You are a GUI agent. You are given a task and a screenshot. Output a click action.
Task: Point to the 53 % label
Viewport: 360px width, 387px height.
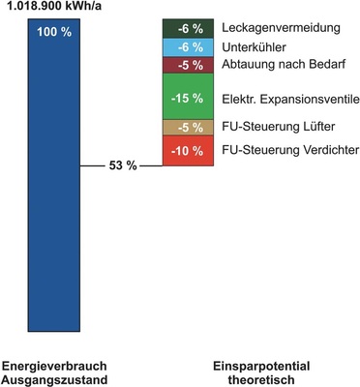(x=122, y=165)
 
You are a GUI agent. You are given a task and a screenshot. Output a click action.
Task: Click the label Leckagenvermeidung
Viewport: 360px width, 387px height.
(x=274, y=29)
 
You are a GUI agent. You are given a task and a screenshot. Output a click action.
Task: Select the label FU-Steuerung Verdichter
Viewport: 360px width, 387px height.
(x=289, y=151)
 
